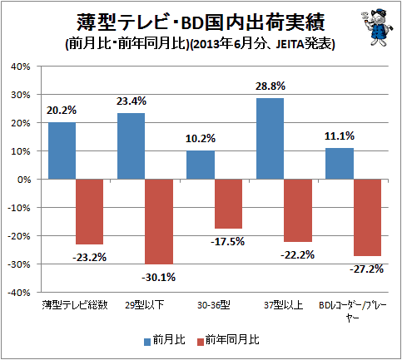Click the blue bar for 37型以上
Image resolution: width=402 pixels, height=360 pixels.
pos(270,139)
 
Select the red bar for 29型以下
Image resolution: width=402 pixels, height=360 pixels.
pos(159,222)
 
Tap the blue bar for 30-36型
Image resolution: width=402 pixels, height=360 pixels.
pos(201,165)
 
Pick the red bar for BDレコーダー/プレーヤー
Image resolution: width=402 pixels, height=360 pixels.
pos(367,218)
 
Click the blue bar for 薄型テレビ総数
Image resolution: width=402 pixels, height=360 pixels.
pos(62,150)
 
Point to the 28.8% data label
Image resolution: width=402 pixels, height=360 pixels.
pos(270,86)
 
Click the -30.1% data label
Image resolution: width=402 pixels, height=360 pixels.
pos(159,277)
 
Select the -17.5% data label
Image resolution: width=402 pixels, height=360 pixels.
pos(228,242)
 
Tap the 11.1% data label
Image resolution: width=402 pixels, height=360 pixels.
pos(340,136)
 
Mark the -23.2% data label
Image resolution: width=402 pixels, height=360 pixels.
pos(90,258)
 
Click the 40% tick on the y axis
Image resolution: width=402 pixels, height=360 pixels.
pos(20,67)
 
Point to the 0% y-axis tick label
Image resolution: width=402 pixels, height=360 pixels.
pos(24,180)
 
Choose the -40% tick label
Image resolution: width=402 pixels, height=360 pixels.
pos(18,293)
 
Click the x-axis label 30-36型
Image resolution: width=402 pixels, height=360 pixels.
pos(214,305)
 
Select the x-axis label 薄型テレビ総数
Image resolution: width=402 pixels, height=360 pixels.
pos(75,305)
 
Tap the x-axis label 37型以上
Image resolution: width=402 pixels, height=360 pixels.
pos(283,305)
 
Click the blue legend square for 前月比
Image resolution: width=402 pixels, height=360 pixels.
pos(147,342)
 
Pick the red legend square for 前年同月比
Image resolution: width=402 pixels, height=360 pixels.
pos(201,342)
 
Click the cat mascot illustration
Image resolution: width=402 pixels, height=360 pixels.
pos(377,27)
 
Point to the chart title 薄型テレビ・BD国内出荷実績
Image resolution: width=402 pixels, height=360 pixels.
pos(201,22)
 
